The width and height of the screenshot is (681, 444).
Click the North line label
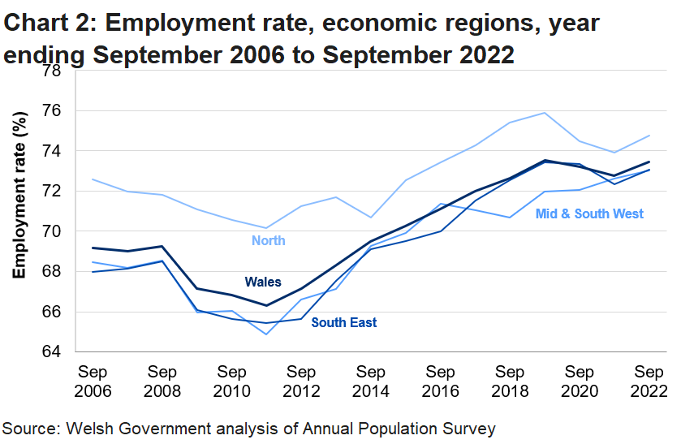click(269, 240)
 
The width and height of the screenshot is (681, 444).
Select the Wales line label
click(265, 282)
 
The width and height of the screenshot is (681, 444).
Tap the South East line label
click(344, 322)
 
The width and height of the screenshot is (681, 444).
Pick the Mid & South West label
click(590, 213)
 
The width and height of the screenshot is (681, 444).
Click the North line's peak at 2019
click(544, 113)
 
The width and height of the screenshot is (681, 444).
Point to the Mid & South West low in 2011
click(266, 334)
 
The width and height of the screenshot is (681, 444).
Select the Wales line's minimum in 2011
click(266, 305)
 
